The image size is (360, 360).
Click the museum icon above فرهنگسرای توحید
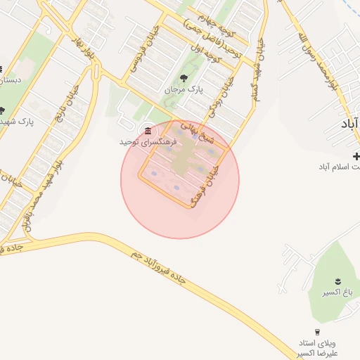click(x=148, y=131)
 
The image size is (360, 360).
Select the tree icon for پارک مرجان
click(x=184, y=78)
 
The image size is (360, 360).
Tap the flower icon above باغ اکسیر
click(x=338, y=281)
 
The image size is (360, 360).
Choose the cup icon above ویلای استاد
click(x=317, y=331)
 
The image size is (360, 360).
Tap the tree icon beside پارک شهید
click(x=3, y=110)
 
